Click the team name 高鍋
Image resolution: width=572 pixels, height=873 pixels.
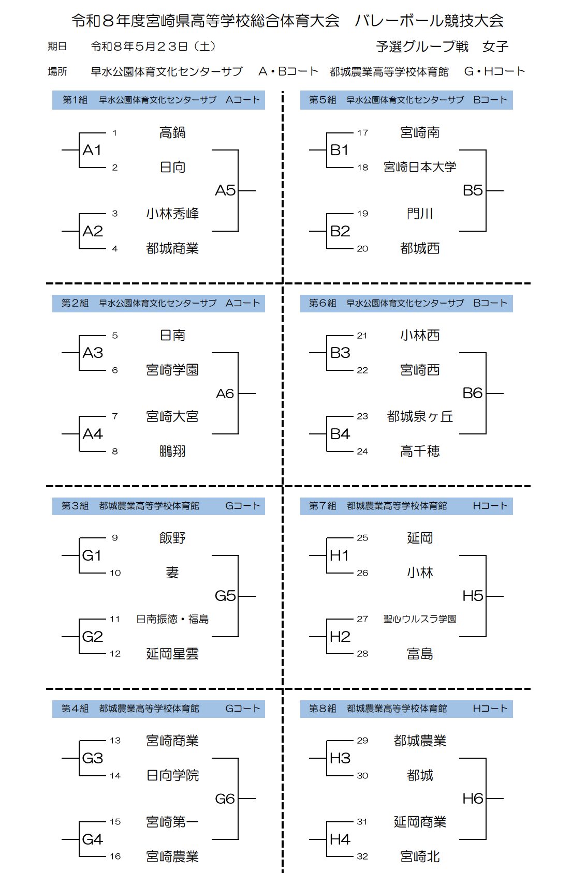click(x=172, y=133)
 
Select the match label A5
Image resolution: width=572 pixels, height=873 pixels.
click(x=226, y=190)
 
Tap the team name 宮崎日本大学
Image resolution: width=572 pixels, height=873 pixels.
click(x=420, y=167)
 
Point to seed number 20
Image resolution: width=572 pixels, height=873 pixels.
click(x=362, y=249)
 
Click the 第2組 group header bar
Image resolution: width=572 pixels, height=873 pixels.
click(x=158, y=303)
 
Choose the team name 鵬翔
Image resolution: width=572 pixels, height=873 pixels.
click(x=172, y=451)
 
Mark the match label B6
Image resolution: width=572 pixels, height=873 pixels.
click(x=473, y=393)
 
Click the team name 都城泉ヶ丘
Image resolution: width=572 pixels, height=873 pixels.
click(x=420, y=417)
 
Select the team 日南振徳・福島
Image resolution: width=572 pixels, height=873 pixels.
click(x=172, y=619)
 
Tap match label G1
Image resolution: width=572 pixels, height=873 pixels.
click(x=92, y=555)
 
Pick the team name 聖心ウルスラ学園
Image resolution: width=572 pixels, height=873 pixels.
click(x=420, y=619)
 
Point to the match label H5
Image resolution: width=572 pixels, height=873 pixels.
click(x=473, y=596)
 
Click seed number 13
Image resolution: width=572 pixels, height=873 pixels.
click(x=115, y=741)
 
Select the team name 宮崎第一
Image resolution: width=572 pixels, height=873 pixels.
click(x=172, y=822)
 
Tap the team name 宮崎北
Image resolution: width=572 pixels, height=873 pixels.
click(x=420, y=856)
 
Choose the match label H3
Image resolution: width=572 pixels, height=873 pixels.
click(x=340, y=758)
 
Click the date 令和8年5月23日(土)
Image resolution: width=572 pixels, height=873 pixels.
click(x=153, y=47)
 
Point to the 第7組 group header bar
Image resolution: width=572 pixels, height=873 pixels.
click(x=406, y=506)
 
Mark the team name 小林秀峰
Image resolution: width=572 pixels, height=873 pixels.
click(x=172, y=214)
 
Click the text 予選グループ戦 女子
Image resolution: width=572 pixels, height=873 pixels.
click(x=442, y=47)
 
